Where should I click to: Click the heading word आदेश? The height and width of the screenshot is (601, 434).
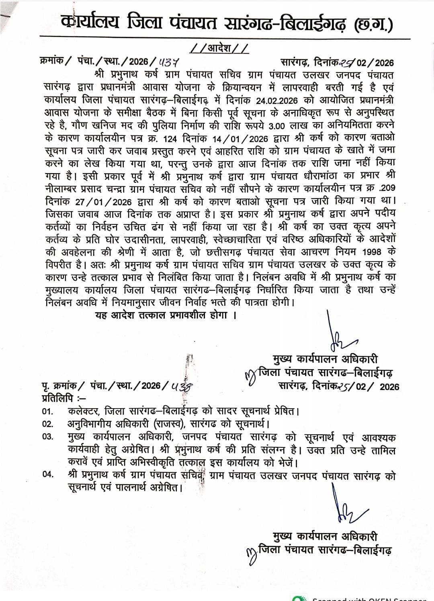[219, 48]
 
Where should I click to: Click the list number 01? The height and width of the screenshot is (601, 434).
[47, 412]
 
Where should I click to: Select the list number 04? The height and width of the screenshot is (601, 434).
[47, 475]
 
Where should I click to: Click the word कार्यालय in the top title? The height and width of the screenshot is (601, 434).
[90, 23]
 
